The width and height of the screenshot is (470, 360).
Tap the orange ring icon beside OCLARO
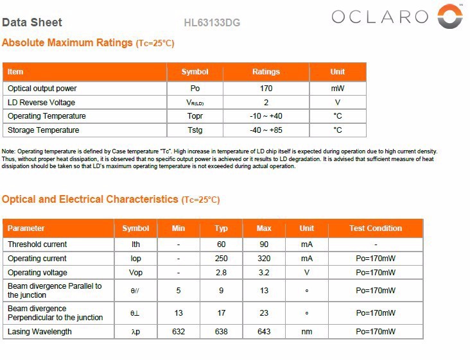[x=449, y=16]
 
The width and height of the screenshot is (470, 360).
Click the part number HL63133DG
[x=212, y=23]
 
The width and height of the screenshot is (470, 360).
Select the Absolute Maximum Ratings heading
[x=67, y=43]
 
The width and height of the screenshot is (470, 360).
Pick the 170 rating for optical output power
[x=266, y=89]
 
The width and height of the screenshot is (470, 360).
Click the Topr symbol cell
[x=195, y=116]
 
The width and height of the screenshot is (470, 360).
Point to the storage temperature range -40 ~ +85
[x=266, y=130]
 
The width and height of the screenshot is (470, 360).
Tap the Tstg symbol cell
[x=195, y=130]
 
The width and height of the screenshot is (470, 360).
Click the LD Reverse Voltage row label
[x=41, y=103]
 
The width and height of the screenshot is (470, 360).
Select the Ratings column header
[x=266, y=72]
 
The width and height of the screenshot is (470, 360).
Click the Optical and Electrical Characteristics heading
[x=90, y=200]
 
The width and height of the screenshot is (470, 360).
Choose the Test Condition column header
[x=376, y=228]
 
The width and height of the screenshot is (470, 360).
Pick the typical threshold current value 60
[x=222, y=244]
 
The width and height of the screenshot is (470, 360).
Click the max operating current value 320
[x=264, y=259]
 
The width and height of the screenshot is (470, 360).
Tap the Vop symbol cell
[x=135, y=273]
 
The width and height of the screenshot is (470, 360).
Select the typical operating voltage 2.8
[x=222, y=273]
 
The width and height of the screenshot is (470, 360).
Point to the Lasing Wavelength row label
[x=40, y=332]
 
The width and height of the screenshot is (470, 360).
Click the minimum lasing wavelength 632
[x=178, y=332]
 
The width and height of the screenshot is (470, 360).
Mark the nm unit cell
[x=307, y=332]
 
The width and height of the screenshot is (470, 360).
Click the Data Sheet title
[x=32, y=22]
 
